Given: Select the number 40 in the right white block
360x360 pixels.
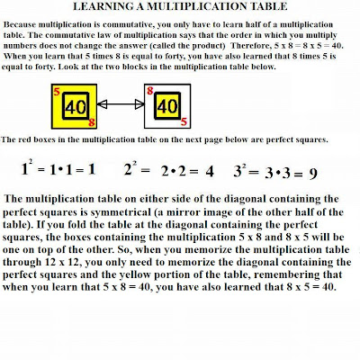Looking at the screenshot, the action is click(166, 105).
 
